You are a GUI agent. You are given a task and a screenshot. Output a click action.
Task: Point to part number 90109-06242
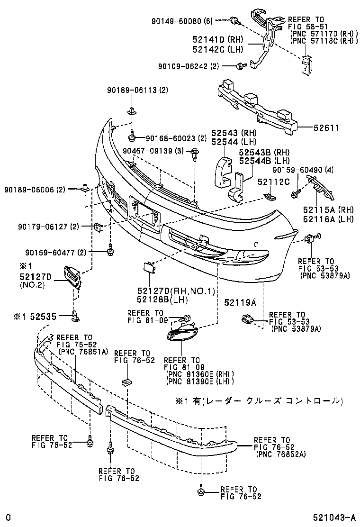point(183,66)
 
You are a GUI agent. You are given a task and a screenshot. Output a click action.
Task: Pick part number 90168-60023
point(170,138)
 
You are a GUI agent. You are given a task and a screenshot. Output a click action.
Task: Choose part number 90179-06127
point(44,227)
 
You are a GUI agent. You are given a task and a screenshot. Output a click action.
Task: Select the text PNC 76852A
point(281,454)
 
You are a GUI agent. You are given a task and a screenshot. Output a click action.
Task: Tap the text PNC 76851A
point(82,351)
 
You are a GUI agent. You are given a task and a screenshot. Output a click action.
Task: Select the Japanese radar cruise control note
point(258,401)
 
